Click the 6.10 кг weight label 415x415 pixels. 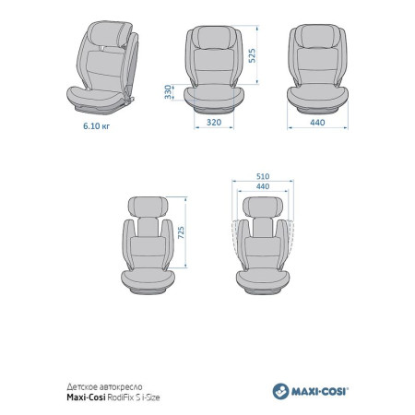pyautogui.click(x=96, y=125)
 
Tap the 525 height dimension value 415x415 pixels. pyautogui.click(x=252, y=55)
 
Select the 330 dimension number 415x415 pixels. pyautogui.click(x=168, y=92)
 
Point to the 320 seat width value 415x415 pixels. pyautogui.click(x=214, y=123)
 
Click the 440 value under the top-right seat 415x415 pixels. pyautogui.click(x=317, y=123)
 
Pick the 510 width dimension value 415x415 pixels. pyautogui.click(x=263, y=176)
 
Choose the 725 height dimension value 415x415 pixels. pyautogui.click(x=181, y=232)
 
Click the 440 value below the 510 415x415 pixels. pyautogui.click(x=263, y=186)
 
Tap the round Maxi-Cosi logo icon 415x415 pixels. pyautogui.click(x=280, y=391)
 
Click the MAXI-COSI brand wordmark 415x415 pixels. pyautogui.click(x=320, y=392)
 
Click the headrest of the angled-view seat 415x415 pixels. pyautogui.click(x=109, y=33)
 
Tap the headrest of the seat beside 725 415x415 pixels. pyautogui.click(x=148, y=207)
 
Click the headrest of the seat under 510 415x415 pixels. pyautogui.click(x=263, y=207)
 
